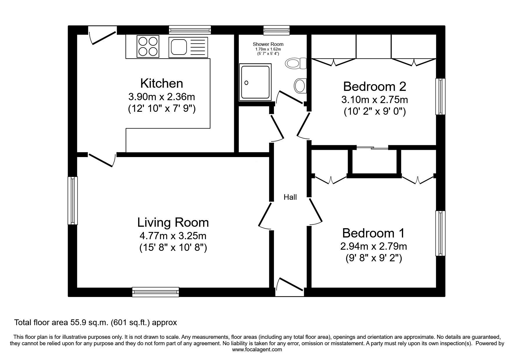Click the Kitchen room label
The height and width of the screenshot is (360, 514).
pyautogui.click(x=162, y=83)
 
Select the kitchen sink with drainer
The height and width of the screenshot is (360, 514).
pyautogui.click(x=188, y=47)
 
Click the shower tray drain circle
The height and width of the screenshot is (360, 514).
pyautogui.click(x=246, y=83)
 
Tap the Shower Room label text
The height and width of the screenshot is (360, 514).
pyautogui.click(x=268, y=44)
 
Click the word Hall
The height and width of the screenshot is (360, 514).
pyautogui.click(x=290, y=197)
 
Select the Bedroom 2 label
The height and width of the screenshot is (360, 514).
pyautogui.click(x=374, y=86)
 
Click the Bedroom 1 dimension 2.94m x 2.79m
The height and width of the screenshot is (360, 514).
pyautogui.click(x=374, y=246)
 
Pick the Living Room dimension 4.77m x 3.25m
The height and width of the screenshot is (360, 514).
pyautogui.click(x=173, y=235)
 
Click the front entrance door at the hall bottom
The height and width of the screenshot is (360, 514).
pyautogui.click(x=289, y=287)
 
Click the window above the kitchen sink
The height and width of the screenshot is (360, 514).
pyautogui.click(x=190, y=30)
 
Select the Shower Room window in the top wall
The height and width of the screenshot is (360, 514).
pyautogui.click(x=277, y=30)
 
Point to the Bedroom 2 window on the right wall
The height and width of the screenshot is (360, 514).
pyautogui.click(x=441, y=96)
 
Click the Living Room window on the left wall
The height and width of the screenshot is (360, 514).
pyautogui.click(x=73, y=201)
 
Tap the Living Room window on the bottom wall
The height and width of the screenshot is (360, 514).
pyautogui.click(x=156, y=292)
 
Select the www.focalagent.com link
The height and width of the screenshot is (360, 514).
pyautogui.click(x=257, y=350)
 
